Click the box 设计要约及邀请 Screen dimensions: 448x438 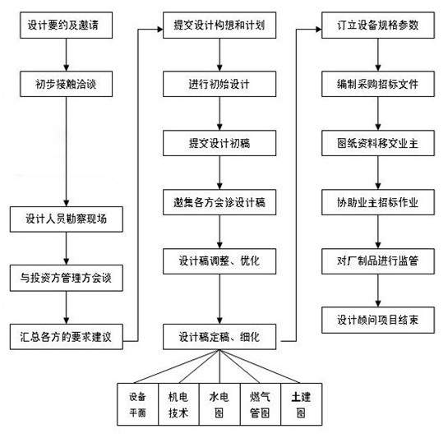(66, 25)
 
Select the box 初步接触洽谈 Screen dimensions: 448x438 (66, 84)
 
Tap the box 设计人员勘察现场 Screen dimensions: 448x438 (67, 219)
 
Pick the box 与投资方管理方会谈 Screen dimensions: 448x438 (67, 278)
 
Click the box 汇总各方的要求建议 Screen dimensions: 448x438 (67, 337)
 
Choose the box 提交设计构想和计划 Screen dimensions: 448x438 (219, 25)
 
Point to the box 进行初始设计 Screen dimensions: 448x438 (219, 84)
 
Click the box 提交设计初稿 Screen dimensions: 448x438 (219, 143)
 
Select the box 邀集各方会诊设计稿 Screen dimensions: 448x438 (219, 202)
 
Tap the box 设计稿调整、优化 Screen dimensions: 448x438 (219, 261)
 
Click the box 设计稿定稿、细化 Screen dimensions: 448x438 (219, 337)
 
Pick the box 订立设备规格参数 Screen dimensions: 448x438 (378, 25)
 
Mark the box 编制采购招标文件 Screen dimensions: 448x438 (378, 84)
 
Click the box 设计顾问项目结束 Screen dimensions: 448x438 (378, 320)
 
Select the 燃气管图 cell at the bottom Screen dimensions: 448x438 (261, 404)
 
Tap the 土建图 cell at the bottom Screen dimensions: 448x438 (302, 404)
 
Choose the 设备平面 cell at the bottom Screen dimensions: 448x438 (138, 404)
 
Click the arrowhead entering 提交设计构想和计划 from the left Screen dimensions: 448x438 (160, 29)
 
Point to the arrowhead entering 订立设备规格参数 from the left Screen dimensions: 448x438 (319, 29)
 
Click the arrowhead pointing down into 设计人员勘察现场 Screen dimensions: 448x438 (67, 203)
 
